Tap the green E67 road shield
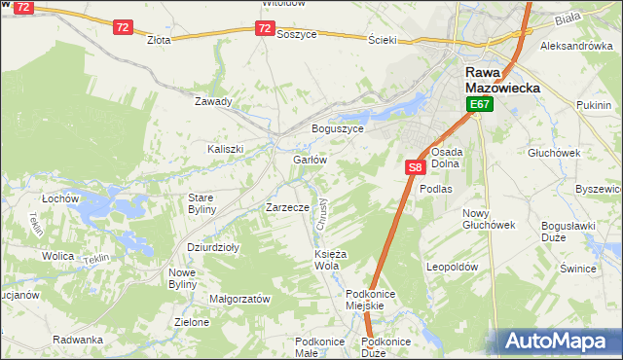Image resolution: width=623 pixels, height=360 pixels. [478, 104]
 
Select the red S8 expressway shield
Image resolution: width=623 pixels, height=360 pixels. [415, 167]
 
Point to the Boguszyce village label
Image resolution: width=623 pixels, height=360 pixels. [337, 128]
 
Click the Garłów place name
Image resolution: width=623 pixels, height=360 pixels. [309, 160]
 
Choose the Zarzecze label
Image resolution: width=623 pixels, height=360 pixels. [287, 207]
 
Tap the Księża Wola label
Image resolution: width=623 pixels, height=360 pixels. [326, 260]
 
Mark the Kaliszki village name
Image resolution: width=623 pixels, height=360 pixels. [224, 149]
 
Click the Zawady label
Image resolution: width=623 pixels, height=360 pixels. [213, 101]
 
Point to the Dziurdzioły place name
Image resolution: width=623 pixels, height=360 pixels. [213, 247]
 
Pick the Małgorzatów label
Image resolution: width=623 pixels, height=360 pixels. [239, 300]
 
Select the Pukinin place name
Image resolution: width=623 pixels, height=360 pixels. [594, 103]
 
